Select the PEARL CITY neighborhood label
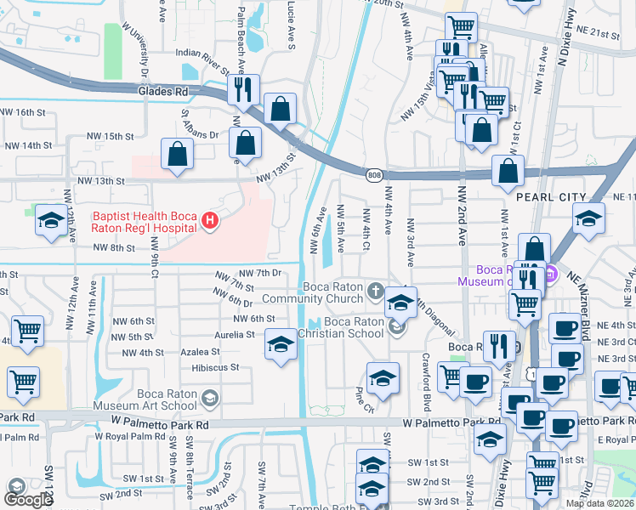coord(551,197)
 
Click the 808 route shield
coord(375,175)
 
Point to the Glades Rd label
coord(163,91)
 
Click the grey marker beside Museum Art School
coord(210,397)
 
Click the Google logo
coord(28,499)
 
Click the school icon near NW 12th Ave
coord(51,221)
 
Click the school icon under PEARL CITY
coord(588,218)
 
